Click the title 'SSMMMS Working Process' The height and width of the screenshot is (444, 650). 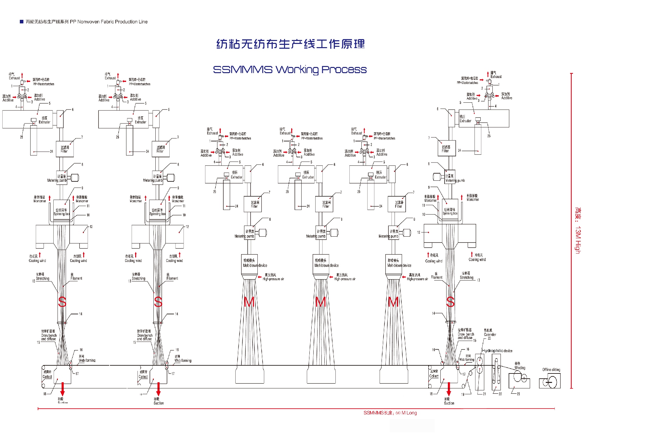tap(290, 70)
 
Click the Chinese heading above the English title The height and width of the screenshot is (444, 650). tap(291, 44)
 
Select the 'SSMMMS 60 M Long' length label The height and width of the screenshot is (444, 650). tap(390, 413)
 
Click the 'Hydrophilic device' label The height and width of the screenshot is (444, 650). tap(497, 351)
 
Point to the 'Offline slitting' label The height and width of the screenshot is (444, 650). tap(551, 370)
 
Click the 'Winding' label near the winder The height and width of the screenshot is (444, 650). tap(519, 368)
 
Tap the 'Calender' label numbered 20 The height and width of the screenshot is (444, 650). tap(490, 334)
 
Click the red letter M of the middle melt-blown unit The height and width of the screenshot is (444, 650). tap(321, 302)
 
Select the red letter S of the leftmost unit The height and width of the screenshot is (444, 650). tap(62, 302)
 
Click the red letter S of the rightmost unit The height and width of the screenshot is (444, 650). tap(450, 302)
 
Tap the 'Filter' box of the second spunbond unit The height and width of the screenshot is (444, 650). tap(161, 149)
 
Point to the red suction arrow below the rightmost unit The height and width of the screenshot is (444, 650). tap(449, 389)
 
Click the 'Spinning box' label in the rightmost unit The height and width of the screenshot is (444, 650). tap(450, 212)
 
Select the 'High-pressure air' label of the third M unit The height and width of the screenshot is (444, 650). tap(417, 279)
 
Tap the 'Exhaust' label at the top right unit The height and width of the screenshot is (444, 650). tap(496, 77)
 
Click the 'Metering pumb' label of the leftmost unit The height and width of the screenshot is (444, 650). tap(57, 180)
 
